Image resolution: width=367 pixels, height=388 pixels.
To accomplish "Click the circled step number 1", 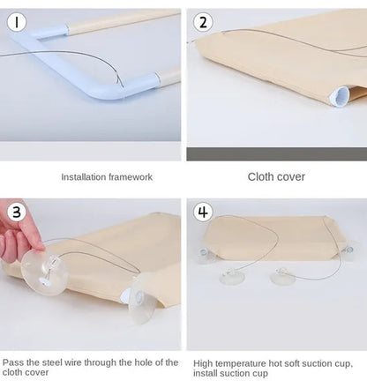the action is [x=17, y=22].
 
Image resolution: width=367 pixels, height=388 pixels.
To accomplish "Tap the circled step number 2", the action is [x=203, y=22].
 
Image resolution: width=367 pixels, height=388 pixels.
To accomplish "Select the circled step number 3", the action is [x=17, y=212].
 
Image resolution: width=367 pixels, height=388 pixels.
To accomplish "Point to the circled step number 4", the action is [x=203, y=212].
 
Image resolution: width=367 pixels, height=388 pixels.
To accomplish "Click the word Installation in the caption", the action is [x=83, y=177].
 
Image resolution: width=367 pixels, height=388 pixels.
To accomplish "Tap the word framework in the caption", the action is [x=131, y=177].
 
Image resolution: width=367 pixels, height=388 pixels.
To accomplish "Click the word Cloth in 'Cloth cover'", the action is [x=259, y=176].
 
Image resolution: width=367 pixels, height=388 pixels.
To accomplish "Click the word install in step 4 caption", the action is [x=202, y=373].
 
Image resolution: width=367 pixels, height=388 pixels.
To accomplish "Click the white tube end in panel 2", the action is [x=339, y=96].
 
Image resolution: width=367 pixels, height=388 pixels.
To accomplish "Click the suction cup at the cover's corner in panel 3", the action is [x=143, y=299].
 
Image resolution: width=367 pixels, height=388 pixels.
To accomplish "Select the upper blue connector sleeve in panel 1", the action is [x=54, y=32].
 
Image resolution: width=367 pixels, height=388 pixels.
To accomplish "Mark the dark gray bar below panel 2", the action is [x=277, y=154].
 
